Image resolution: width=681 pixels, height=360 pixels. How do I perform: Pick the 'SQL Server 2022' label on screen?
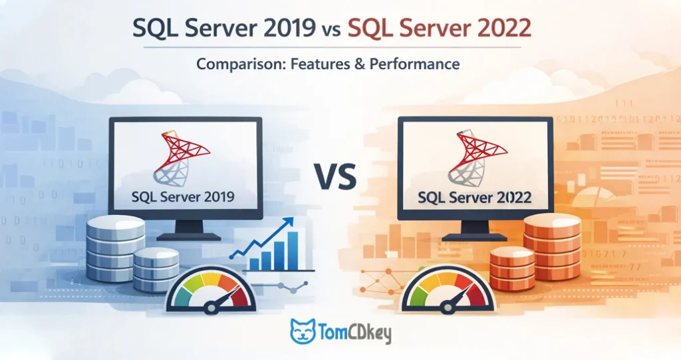coord(474,198)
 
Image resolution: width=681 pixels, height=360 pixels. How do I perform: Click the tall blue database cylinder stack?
coord(115,244)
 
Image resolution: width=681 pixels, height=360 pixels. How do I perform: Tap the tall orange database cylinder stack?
coord(553,246)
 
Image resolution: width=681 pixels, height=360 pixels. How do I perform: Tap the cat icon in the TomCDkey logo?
coord(303,331)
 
